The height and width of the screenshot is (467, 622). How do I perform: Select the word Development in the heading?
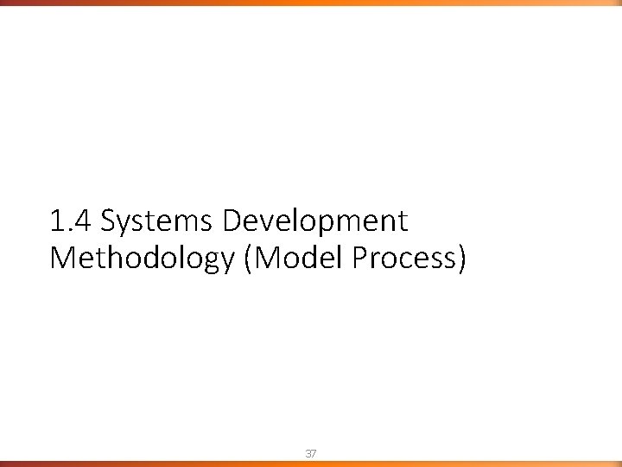[314, 222]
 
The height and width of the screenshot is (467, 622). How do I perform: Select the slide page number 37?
[311, 452]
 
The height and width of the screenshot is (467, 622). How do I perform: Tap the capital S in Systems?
[109, 222]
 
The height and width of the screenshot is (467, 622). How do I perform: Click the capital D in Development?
[233, 222]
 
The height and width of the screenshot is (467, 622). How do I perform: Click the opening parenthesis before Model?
[250, 259]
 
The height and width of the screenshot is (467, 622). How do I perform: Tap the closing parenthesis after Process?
[461, 259]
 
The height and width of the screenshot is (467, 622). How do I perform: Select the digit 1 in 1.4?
[56, 222]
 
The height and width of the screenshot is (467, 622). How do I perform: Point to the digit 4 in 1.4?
[84, 222]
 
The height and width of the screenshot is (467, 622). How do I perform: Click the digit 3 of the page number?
[308, 452]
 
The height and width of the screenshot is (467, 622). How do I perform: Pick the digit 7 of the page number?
[314, 452]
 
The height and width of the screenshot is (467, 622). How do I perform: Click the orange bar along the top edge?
[311, 3]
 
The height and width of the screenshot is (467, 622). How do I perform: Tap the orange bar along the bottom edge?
[311, 464]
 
